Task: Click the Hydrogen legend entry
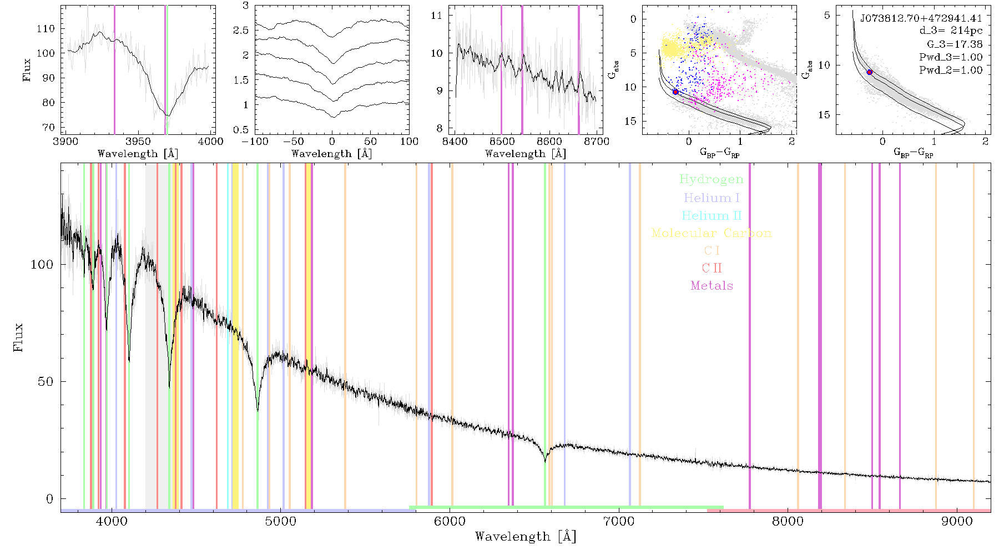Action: click(x=711, y=180)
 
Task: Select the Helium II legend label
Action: click(x=712, y=216)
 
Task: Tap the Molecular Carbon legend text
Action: click(x=712, y=233)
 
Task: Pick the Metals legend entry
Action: click(x=712, y=286)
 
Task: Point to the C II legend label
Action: click(x=712, y=268)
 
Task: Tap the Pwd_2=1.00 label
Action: click(x=951, y=70)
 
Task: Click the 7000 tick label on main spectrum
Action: click(x=618, y=521)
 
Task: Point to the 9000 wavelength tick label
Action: click(x=956, y=521)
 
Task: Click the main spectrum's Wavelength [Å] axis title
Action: click(x=526, y=537)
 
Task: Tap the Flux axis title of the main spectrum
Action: click(x=18, y=337)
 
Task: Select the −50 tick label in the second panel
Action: click(x=292, y=141)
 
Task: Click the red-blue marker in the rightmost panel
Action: click(x=870, y=72)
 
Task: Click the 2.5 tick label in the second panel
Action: click(x=241, y=31)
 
